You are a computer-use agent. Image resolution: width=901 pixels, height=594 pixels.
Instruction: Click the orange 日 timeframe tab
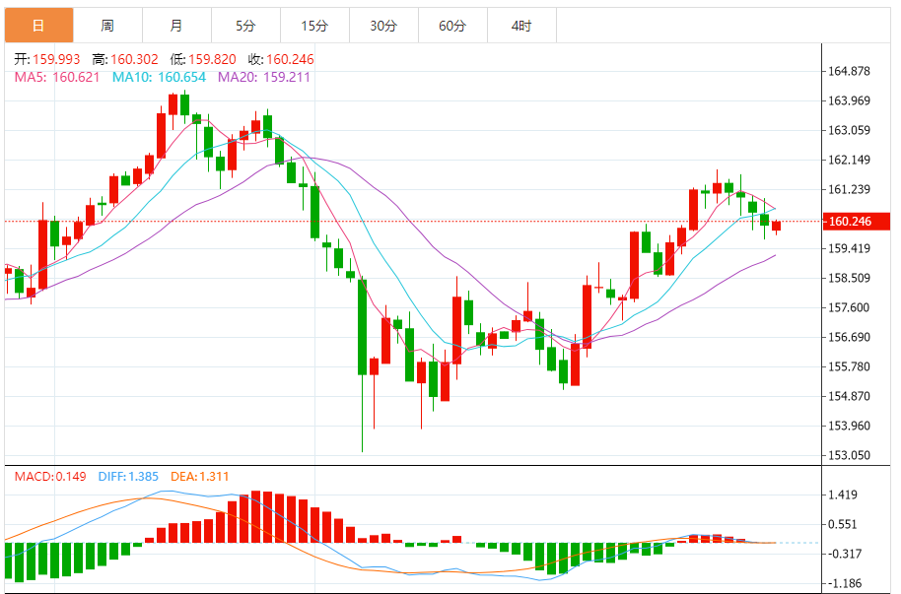click(x=38, y=26)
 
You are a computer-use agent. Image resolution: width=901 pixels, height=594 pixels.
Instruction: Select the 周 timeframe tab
click(x=107, y=26)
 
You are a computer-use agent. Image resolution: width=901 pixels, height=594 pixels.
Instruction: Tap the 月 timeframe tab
click(x=175, y=26)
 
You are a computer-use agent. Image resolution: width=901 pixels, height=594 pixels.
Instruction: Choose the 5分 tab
click(x=245, y=26)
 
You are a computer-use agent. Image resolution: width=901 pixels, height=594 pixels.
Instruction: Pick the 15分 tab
click(x=314, y=26)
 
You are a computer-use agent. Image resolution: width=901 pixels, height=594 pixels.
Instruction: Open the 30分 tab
click(x=383, y=26)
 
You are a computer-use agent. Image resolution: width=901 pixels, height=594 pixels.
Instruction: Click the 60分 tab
click(x=452, y=26)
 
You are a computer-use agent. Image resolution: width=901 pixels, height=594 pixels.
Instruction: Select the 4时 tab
click(x=521, y=26)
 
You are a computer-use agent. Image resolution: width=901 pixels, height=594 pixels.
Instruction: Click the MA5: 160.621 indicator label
click(x=57, y=76)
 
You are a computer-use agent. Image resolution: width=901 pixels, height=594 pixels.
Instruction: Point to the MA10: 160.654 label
click(x=159, y=76)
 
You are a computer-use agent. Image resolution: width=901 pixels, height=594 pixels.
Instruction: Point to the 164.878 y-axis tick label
click(x=850, y=71)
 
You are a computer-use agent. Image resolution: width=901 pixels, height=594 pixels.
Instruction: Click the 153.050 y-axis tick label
click(x=850, y=455)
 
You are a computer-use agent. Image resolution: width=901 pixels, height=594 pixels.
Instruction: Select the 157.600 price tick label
click(x=850, y=307)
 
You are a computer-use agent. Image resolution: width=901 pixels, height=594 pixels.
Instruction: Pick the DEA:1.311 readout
click(x=202, y=477)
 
